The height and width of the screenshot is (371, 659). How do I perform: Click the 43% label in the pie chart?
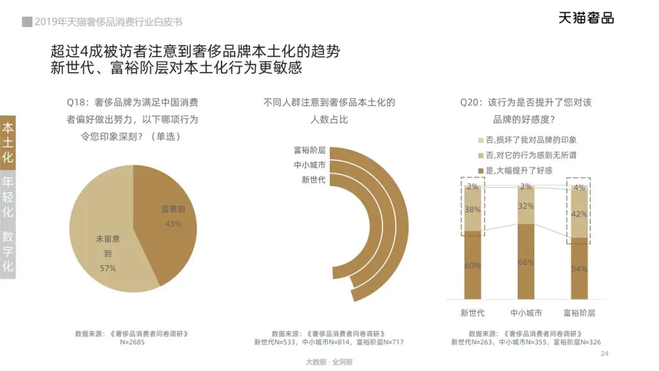pyautogui.click(x=173, y=223)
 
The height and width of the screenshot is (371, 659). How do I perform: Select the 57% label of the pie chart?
pyautogui.click(x=107, y=268)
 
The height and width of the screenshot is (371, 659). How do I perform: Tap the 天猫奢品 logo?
pyautogui.click(x=586, y=18)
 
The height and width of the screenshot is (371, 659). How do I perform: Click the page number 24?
pyautogui.click(x=604, y=353)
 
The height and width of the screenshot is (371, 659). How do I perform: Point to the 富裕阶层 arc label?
pyautogui.click(x=310, y=150)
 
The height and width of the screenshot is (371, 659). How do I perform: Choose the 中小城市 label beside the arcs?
pyautogui.click(x=310, y=165)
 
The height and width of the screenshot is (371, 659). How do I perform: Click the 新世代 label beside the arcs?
pyautogui.click(x=314, y=180)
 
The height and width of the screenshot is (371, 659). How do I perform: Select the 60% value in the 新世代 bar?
pyautogui.click(x=472, y=265)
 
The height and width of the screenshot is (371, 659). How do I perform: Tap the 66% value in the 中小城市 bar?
pyautogui.click(x=526, y=262)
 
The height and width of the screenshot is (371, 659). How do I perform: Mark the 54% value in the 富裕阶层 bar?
pyautogui.click(x=579, y=268)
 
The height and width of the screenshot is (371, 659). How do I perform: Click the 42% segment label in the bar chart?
pyautogui.click(x=579, y=214)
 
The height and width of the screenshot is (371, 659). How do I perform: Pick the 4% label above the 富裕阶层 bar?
pyautogui.click(x=579, y=188)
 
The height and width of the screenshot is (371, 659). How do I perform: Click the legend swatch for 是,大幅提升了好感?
pyautogui.click(x=481, y=171)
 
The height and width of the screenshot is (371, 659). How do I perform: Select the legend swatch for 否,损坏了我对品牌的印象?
pyautogui.click(x=481, y=140)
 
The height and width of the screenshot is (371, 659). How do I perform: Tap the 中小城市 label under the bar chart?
pyautogui.click(x=526, y=312)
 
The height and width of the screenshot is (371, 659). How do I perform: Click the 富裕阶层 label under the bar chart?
pyautogui.click(x=579, y=312)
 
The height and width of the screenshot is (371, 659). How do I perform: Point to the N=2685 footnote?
pyautogui.click(x=132, y=342)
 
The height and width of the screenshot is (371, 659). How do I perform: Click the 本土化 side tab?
pyautogui.click(x=7, y=142)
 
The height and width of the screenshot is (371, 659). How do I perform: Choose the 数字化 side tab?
pyautogui.click(x=7, y=251)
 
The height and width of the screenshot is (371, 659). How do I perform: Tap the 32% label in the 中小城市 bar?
pyautogui.click(x=526, y=206)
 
